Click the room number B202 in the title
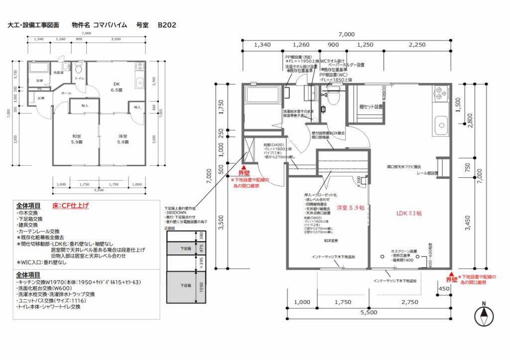click(x=167, y=24)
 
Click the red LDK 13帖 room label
click(x=409, y=213)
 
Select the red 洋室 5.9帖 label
click(x=351, y=207)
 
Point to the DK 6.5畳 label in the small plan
click(x=116, y=87)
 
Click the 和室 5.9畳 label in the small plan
click(x=77, y=139)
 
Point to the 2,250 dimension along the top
click(x=417, y=45)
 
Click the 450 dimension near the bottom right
click(x=445, y=288)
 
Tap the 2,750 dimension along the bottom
click(x=409, y=302)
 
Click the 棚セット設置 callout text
click(x=371, y=107)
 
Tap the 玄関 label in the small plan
click(x=40, y=98)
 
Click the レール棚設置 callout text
click(x=428, y=173)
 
